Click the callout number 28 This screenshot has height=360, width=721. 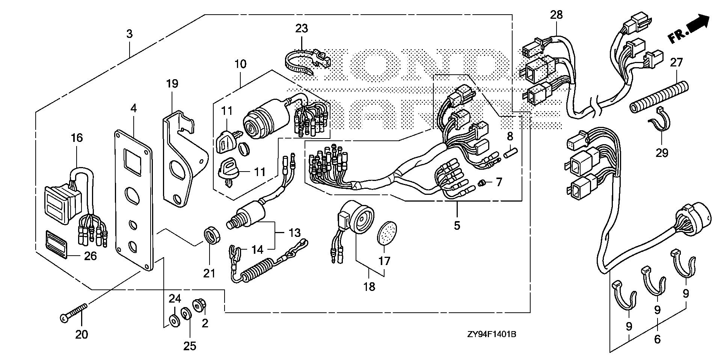(x=557, y=15)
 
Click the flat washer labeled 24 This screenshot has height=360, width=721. (x=174, y=320)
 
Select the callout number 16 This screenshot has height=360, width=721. (x=77, y=138)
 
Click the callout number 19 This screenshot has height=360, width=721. (x=172, y=83)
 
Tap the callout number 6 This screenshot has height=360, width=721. (x=657, y=339)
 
